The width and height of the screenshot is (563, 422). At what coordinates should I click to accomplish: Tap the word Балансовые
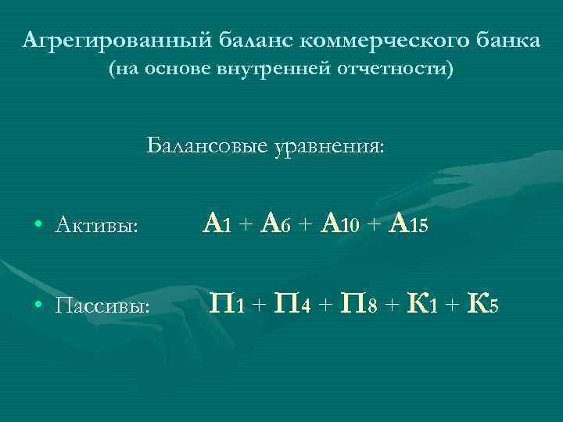(206, 146)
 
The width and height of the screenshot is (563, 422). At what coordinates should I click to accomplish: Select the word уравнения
(328, 146)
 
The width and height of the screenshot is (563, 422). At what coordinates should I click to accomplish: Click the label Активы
(98, 227)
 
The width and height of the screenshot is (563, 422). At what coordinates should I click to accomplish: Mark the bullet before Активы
(38, 227)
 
